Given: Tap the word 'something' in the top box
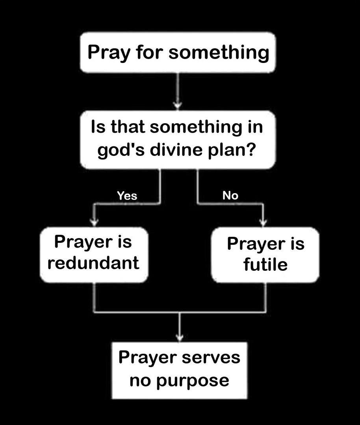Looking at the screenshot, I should click(x=219, y=52).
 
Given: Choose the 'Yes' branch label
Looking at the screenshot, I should click(x=127, y=196).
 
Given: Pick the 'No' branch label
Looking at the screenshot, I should click(x=230, y=195).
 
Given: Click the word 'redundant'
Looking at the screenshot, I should click(x=93, y=262).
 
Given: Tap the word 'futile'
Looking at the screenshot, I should click(x=265, y=264).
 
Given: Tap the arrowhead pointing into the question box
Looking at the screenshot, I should click(x=178, y=105).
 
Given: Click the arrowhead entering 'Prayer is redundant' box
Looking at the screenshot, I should click(x=94, y=222).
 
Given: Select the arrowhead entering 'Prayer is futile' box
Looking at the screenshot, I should click(x=264, y=222).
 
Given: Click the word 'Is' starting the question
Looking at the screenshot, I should click(x=97, y=128).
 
